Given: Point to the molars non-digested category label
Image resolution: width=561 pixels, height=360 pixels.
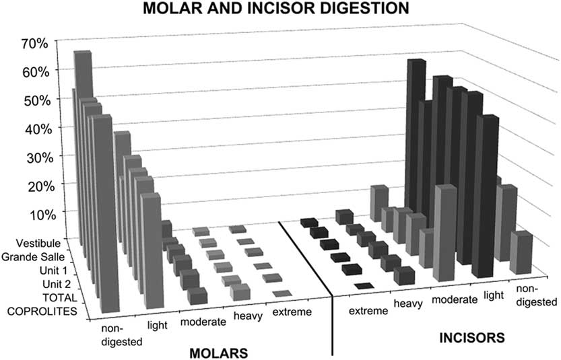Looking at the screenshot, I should tap(121, 335).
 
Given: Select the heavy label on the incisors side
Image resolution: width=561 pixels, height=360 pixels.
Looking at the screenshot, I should tap(408, 304).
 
